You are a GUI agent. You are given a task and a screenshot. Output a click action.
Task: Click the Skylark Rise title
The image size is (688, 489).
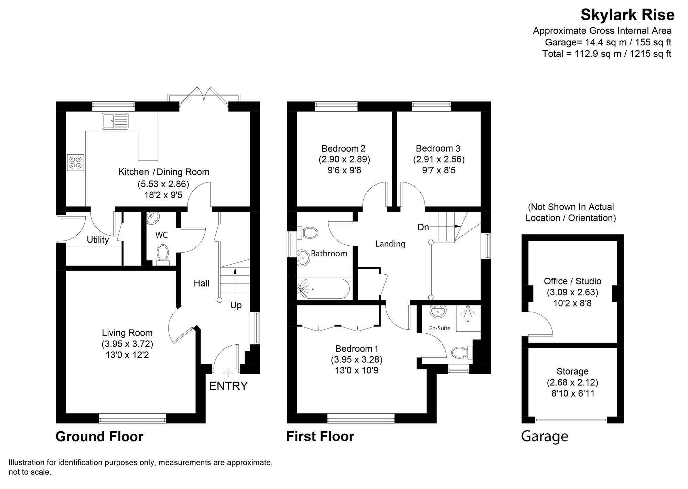coord(627,15)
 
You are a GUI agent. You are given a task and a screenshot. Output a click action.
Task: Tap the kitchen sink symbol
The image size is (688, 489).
coord(115,121)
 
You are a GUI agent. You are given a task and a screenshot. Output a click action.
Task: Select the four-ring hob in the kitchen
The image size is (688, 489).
coord(76,162)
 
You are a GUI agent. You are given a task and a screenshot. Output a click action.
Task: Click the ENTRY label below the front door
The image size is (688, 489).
coord(228,386)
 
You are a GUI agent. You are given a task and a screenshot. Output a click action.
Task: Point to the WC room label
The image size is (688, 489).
coord(161,235)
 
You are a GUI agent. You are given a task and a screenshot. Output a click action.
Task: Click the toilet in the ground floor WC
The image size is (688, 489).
coord(162,253)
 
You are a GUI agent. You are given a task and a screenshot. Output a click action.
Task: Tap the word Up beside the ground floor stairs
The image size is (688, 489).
coord(236,305)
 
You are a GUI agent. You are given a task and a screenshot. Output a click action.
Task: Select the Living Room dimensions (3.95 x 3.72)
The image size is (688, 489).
coord(127,344)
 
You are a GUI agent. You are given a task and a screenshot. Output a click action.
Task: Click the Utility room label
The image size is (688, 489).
coord(98,240)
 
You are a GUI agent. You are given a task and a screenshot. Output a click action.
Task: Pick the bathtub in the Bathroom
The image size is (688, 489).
coord(323,289)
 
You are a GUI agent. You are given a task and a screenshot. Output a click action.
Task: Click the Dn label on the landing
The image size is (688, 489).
coord(423,227)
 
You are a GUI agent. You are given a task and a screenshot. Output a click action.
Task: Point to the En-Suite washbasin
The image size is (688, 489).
coord(438,311)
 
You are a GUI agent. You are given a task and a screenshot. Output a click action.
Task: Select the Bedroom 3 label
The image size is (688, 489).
coord(438,148)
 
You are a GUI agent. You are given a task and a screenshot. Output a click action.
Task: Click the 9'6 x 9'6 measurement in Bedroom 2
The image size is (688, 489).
coord(344,170)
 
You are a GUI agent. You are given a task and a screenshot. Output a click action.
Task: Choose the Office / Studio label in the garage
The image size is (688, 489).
coord(572,281)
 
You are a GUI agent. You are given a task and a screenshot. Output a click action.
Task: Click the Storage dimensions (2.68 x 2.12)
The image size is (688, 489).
coord(572,382)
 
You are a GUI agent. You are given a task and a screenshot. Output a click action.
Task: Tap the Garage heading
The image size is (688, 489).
coord(545,436)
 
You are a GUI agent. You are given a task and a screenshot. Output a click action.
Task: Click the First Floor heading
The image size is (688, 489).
coord(320,436)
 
